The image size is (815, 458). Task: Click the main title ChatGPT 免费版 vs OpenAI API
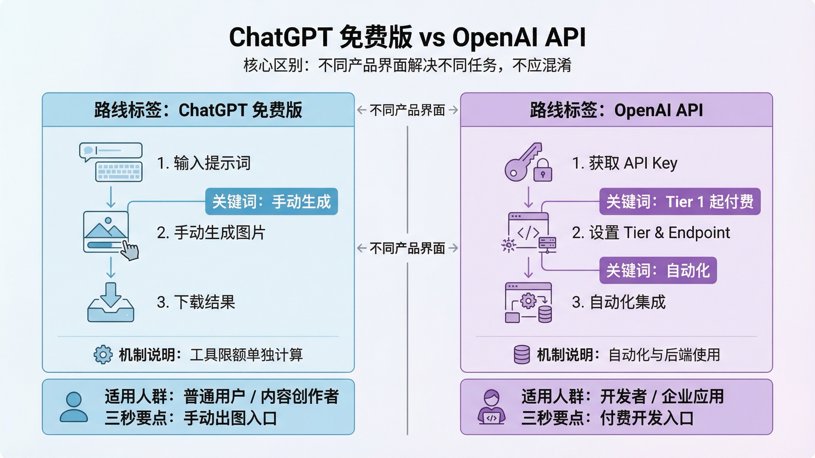[407, 37]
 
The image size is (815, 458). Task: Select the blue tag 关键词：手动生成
[271, 202]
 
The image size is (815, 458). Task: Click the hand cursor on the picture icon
[130, 251]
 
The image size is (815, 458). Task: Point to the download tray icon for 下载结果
[111, 303]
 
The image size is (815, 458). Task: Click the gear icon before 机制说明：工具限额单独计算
[103, 355]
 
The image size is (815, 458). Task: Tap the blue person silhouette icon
[74, 407]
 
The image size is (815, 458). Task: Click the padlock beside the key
[543, 171]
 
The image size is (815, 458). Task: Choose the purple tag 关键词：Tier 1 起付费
[680, 202]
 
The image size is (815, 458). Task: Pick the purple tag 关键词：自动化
[658, 270]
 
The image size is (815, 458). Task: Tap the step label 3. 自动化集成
[618, 302]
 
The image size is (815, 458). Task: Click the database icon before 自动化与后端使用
[522, 355]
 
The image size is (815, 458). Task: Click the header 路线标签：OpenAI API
[616, 110]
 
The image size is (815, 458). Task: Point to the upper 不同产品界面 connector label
[407, 110]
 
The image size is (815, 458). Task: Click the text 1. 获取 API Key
[624, 163]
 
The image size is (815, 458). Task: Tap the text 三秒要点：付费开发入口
[608, 418]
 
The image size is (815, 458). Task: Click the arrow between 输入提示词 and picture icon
[111, 197]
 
